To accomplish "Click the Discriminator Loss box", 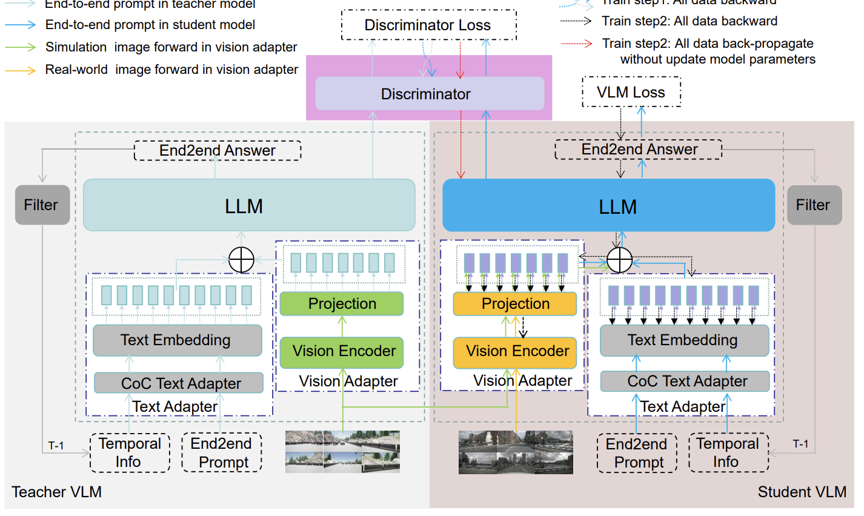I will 428,25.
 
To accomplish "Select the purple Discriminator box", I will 430,94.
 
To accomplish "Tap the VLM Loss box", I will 631,93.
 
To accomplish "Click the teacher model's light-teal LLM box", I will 249,205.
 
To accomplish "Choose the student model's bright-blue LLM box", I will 608,206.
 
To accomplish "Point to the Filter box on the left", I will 41,205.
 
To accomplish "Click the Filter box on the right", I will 813,205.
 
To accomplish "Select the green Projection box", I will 342,303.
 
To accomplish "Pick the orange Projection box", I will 515,303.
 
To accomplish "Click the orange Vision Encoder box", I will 515,352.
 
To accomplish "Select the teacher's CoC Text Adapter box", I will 179,383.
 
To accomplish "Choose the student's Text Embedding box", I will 683,340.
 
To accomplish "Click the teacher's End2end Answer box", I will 218,150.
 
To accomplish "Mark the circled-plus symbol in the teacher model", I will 241,260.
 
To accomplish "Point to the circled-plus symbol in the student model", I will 619,260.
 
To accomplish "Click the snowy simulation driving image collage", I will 342,451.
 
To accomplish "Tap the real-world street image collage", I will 515,452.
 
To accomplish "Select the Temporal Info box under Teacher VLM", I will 130,452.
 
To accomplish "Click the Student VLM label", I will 801,492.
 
